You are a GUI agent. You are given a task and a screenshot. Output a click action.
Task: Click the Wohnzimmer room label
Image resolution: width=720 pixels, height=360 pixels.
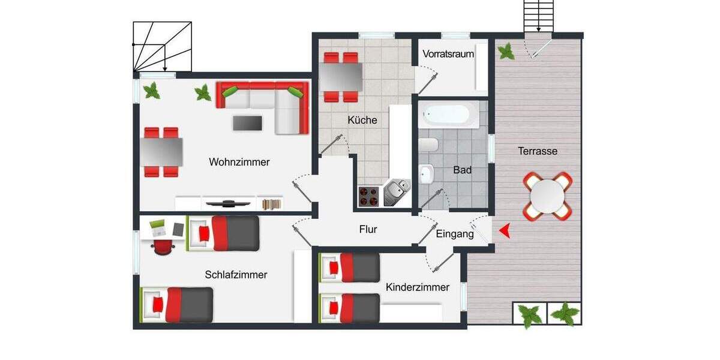coord(239,162)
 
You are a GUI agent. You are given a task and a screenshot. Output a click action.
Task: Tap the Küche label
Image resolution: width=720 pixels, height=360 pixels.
coord(362,120)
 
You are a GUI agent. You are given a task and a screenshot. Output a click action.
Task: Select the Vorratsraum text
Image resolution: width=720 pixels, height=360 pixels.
coord(448,54)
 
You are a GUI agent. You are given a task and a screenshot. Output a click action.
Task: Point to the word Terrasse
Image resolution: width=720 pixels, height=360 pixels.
coord(538,151)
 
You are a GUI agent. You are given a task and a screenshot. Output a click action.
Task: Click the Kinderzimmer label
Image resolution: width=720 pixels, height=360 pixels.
coord(418,287)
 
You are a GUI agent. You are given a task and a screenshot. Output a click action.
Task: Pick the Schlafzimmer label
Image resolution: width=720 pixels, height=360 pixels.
coord(236,275)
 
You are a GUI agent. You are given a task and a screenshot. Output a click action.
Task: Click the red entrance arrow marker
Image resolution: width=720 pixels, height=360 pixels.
coord(505,230)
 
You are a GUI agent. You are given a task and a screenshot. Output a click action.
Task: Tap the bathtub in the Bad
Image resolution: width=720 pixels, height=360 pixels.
coord(449,115)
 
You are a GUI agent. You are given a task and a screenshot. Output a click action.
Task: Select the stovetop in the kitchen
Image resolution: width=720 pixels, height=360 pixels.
coord(368,194)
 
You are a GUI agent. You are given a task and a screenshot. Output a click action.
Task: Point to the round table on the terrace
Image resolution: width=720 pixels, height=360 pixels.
coord(547,196)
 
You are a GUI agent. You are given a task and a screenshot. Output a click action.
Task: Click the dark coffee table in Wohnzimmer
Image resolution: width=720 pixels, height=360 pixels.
coord(248,122)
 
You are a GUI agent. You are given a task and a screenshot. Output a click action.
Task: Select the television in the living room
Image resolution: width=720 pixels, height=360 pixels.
coord(229,203)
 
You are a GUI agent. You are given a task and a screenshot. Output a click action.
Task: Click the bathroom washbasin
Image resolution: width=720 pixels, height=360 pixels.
coord(427,175)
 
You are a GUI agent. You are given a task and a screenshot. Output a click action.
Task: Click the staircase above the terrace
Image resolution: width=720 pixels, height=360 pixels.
coord(538,15)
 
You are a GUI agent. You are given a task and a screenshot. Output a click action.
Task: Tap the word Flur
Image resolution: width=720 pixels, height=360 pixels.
coord(368,229)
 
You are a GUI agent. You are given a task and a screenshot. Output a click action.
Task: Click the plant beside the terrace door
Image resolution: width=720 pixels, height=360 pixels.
coord(506,52)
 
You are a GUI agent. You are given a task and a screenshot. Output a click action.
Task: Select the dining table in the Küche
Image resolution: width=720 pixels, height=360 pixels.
coord(341,77)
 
